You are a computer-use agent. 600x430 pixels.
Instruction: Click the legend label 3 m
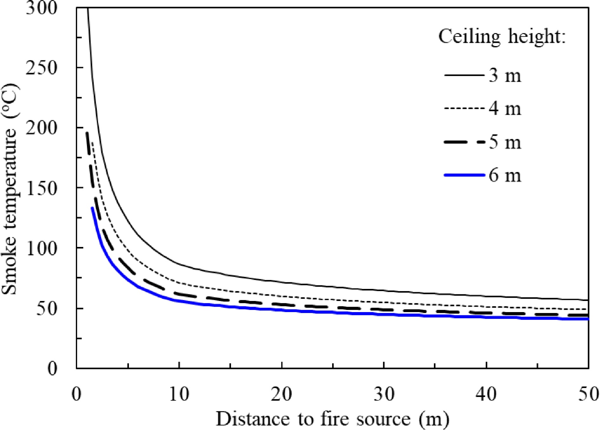click(x=505, y=76)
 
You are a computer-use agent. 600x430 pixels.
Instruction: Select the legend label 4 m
click(x=505, y=109)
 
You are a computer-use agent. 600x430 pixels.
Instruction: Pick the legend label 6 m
click(x=505, y=175)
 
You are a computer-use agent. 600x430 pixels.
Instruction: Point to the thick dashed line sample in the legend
click(x=464, y=142)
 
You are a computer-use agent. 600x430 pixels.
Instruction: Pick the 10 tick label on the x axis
click(x=179, y=394)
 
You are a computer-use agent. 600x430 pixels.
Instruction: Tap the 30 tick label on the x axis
click(x=384, y=394)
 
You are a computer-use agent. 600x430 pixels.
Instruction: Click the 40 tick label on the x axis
click(x=486, y=394)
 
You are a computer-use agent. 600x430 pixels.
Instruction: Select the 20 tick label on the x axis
click(x=281, y=394)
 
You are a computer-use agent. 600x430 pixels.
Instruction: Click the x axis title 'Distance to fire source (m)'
click(x=332, y=419)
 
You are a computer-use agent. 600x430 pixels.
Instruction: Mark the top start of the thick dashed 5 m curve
click(x=87, y=133)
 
